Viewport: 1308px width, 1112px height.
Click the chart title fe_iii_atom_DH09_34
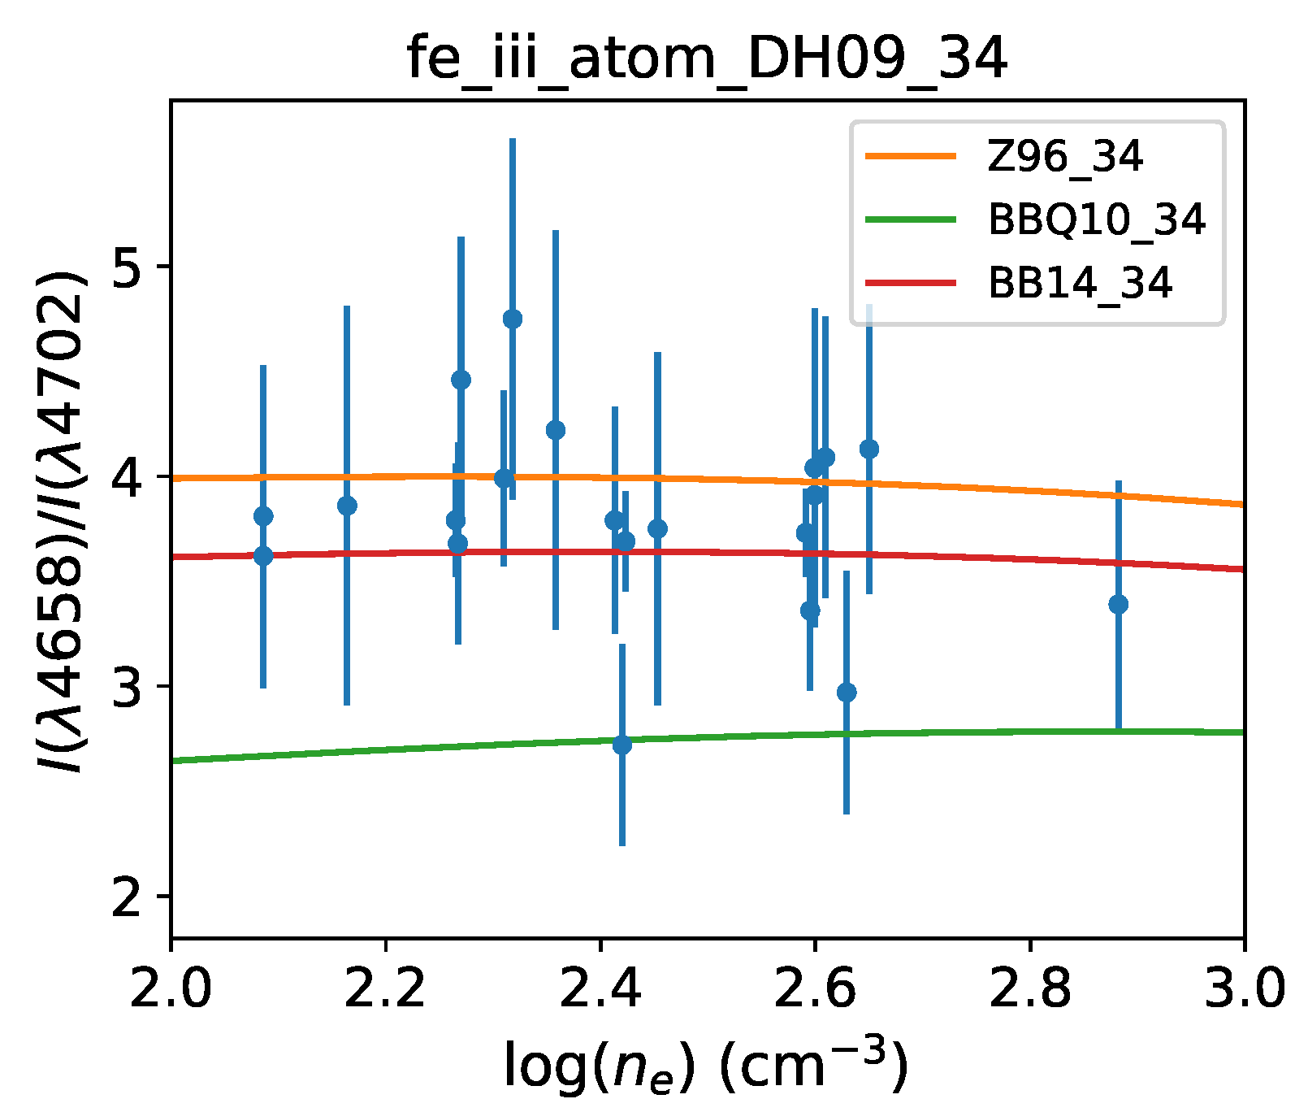pyautogui.click(x=707, y=59)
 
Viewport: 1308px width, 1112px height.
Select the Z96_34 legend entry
pyautogui.click(x=1064, y=156)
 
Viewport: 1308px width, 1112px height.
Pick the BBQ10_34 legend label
pyautogui.click(x=1096, y=219)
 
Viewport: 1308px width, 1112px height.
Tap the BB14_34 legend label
pyautogui.click(x=1080, y=283)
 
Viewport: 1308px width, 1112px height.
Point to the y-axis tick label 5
pyautogui.click(x=130, y=267)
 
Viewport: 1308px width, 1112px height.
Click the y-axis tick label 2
pyautogui.click(x=130, y=897)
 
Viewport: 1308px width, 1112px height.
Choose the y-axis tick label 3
pyautogui.click(x=130, y=687)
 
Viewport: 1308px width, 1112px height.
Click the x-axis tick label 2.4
pyautogui.click(x=600, y=990)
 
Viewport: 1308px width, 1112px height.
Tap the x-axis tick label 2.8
pyautogui.click(x=1029, y=990)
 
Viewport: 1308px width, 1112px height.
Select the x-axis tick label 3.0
pyautogui.click(x=1243, y=990)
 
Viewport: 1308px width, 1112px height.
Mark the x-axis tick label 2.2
pyautogui.click(x=385, y=990)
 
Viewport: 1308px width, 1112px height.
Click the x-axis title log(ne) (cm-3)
pyautogui.click(x=705, y=1065)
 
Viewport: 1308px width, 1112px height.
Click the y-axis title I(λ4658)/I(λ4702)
pyautogui.click(x=61, y=520)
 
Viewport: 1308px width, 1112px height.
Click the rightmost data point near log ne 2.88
pyautogui.click(x=1118, y=605)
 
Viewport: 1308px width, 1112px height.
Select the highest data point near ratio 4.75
pyautogui.click(x=513, y=319)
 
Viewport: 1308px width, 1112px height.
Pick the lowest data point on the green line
pyautogui.click(x=622, y=745)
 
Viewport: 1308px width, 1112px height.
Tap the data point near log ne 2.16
pyautogui.click(x=347, y=506)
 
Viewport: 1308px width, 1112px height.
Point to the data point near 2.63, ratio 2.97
pyautogui.click(x=847, y=693)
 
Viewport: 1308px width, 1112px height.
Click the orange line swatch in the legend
pyautogui.click(x=910, y=156)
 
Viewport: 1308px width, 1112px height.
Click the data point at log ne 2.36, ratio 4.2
pyautogui.click(x=556, y=430)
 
